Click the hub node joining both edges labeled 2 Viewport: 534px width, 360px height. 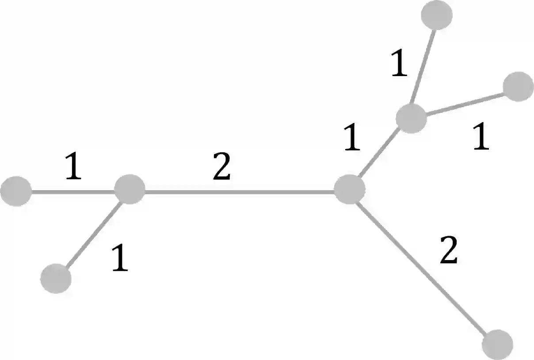pos(349,189)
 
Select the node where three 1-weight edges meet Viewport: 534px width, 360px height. pos(411,118)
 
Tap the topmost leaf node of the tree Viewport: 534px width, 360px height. pos(436,15)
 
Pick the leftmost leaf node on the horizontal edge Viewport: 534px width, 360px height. pos(16,191)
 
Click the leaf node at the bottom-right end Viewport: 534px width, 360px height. pos(497,344)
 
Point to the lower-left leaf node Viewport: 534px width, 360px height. pos(56,278)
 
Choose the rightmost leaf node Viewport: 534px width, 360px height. pos(518,87)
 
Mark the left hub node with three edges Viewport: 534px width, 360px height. pos(130,189)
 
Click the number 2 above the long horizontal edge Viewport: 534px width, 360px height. pos(221,169)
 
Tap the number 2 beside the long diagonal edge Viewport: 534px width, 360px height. pos(448,251)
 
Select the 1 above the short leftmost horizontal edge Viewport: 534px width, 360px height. pos(73,167)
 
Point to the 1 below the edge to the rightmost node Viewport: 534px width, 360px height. pos(481,138)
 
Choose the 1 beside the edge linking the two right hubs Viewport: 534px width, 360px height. pos(352,138)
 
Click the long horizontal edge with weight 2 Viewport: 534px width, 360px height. pos(239,191)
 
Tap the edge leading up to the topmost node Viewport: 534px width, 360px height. pos(423,66)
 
